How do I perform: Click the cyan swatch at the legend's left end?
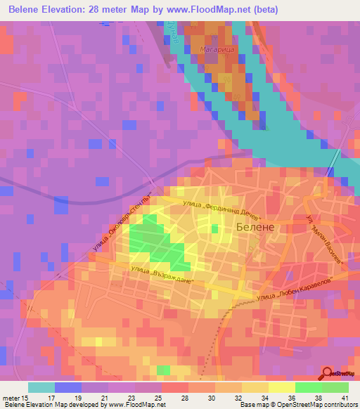click(x=41, y=387)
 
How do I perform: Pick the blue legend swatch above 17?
click(x=68, y=387)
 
